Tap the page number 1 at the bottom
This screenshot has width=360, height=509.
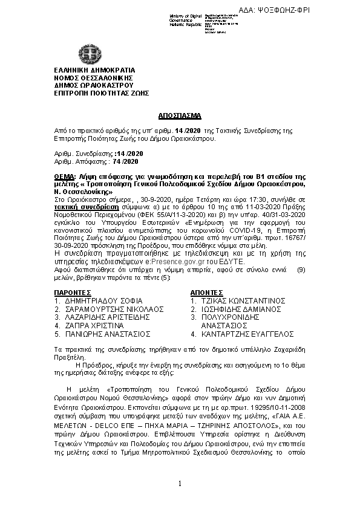[x=180, y=484]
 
